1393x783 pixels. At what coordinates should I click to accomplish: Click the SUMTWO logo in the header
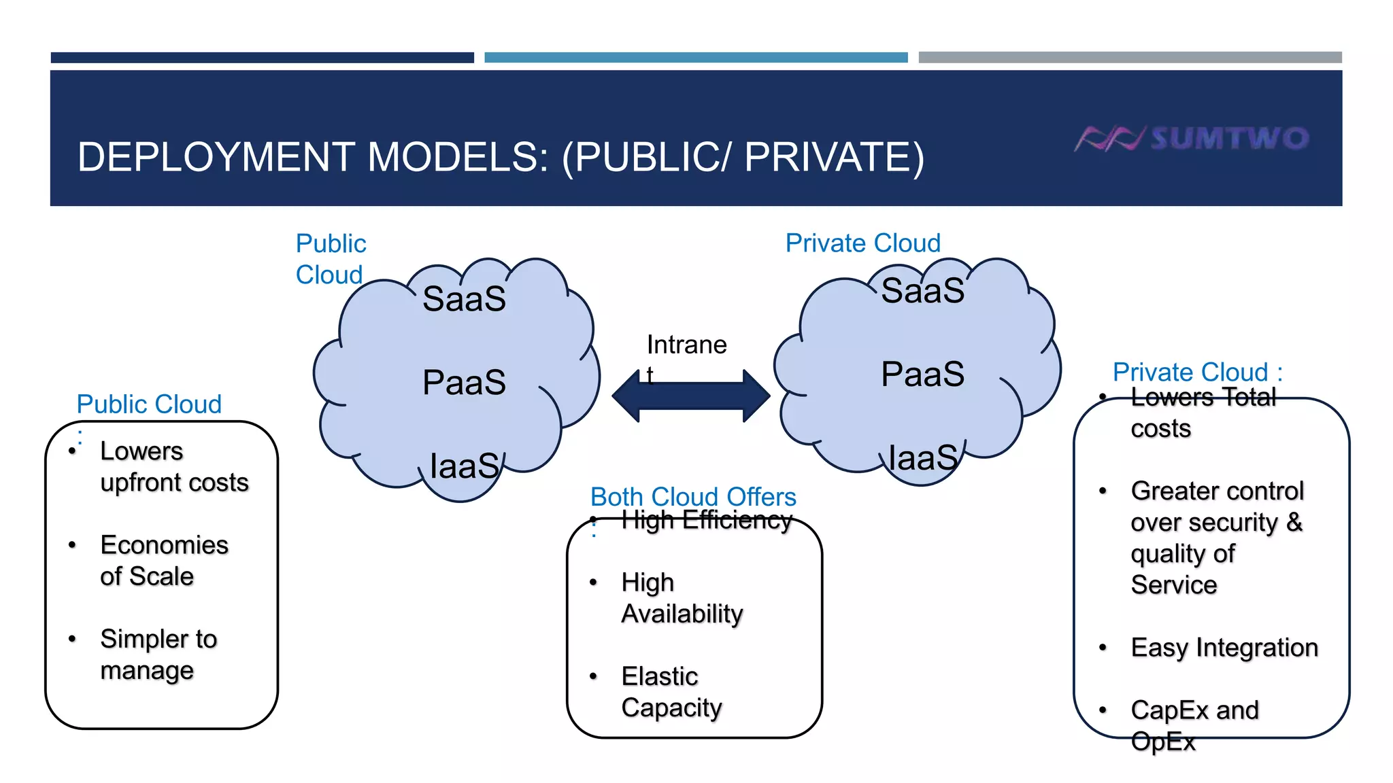point(1192,138)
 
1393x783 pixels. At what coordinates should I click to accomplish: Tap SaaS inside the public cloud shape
point(464,299)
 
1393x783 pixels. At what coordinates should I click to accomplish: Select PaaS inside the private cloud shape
point(922,374)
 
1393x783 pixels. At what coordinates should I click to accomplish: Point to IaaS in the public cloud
point(465,466)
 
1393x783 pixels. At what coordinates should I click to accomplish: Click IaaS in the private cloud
point(923,458)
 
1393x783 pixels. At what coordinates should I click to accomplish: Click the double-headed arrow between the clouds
point(690,396)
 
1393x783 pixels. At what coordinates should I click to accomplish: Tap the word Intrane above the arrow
point(686,345)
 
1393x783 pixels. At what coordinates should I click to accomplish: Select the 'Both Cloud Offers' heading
point(692,497)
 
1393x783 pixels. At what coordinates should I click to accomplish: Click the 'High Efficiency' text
point(706,521)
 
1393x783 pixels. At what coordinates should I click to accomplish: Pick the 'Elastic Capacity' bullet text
point(671,692)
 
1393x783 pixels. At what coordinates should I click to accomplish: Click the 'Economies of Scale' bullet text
point(163,561)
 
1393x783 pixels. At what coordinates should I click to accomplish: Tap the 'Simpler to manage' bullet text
point(158,655)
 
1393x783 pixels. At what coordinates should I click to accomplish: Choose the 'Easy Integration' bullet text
point(1224,648)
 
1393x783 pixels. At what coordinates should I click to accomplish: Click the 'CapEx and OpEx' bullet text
point(1194,725)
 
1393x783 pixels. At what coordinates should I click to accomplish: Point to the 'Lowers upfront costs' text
point(173,467)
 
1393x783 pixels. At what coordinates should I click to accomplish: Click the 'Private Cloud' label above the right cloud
point(862,243)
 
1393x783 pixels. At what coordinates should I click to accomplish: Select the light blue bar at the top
point(695,58)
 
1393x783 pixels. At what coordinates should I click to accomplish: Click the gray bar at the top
point(1129,58)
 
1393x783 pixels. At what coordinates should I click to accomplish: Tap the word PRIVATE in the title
point(833,157)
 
